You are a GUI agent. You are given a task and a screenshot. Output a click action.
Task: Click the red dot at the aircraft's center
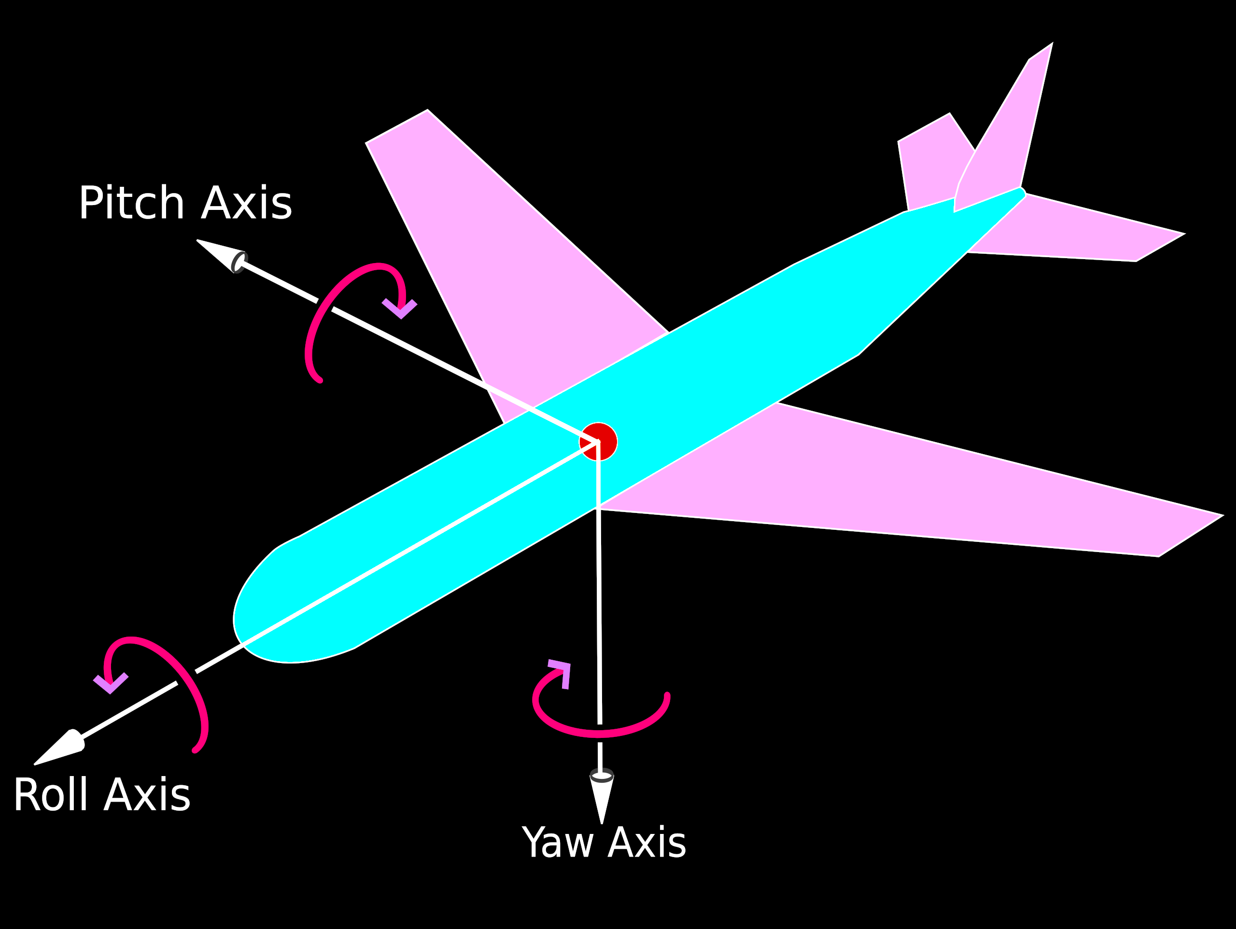tap(598, 441)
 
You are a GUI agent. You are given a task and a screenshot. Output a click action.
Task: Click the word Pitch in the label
tap(131, 203)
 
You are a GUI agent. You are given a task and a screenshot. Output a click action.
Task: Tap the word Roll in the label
tap(50, 795)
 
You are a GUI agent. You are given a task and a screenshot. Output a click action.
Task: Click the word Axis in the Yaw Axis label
tap(646, 843)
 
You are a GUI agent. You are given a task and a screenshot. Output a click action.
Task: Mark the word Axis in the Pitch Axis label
tap(246, 203)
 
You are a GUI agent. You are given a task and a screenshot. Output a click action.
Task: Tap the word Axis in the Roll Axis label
tap(147, 795)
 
